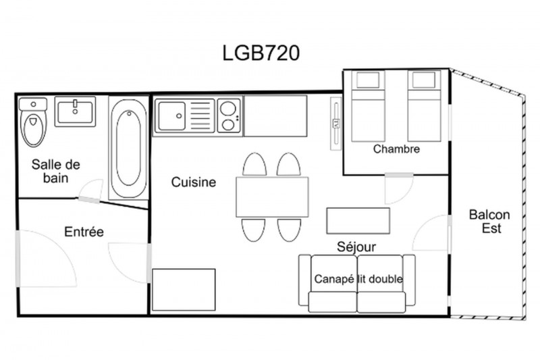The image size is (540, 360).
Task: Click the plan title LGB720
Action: point(261,53)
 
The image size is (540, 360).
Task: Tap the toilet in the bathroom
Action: point(33,122)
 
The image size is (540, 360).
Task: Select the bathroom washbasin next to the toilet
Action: point(75,111)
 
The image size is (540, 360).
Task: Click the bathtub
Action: point(128,148)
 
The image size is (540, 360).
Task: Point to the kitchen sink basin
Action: point(172,116)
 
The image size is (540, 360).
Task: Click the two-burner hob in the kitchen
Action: point(229,115)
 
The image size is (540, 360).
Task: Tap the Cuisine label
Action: point(194,182)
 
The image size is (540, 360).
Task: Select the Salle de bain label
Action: point(56,171)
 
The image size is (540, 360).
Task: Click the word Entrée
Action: point(84,232)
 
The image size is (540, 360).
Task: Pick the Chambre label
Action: point(396,149)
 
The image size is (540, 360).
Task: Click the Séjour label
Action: point(356,247)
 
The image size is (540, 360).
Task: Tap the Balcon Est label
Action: point(489,221)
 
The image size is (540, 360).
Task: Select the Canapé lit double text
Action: point(358,279)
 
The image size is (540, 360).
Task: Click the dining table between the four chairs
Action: point(272,197)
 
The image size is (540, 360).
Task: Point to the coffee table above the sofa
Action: point(358,220)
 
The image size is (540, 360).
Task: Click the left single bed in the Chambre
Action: point(368,106)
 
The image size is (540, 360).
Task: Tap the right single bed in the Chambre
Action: point(424,106)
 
